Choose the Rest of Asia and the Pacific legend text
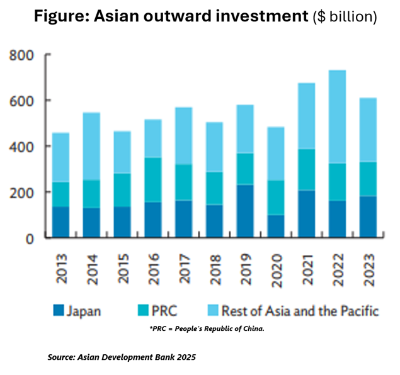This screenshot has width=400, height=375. [x=294, y=311]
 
